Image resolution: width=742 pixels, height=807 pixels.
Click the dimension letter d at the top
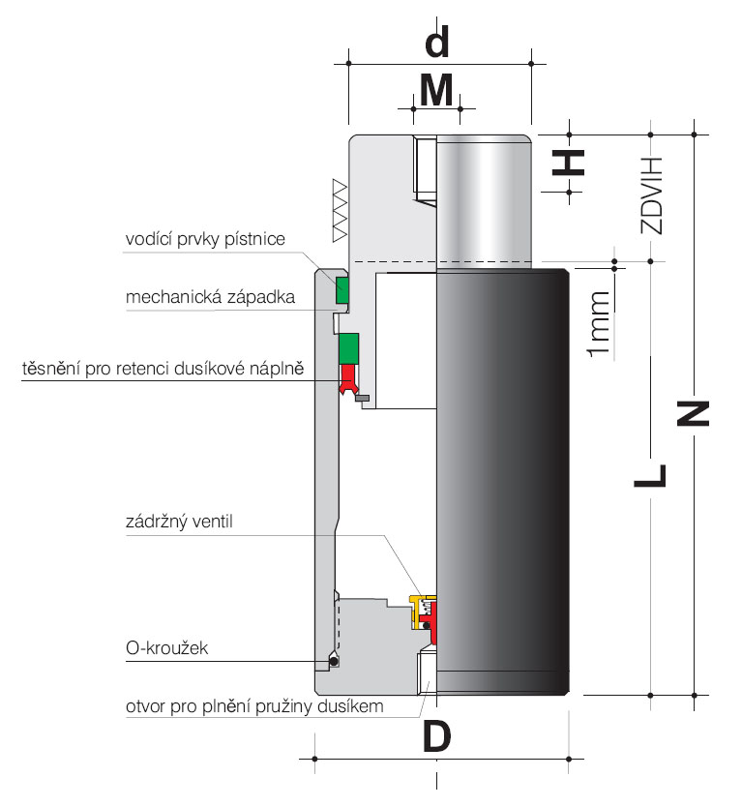(437, 42)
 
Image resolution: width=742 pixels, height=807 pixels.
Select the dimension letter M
(436, 90)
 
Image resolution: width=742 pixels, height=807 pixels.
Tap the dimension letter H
(569, 163)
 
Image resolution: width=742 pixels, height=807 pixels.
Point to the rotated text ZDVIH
(651, 196)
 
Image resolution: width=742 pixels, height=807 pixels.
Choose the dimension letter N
(693, 414)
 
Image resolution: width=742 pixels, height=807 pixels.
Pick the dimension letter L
(650, 475)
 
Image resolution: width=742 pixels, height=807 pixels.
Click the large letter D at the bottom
(437, 735)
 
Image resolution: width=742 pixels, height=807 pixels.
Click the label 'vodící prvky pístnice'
(205, 239)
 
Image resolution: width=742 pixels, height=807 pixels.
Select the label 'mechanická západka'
(211, 297)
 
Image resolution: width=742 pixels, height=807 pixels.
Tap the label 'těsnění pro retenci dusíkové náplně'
(163, 369)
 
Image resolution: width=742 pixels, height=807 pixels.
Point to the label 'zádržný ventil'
(179, 522)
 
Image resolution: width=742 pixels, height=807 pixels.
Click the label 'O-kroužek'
(166, 648)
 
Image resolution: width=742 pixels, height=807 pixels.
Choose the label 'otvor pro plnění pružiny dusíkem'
(254, 706)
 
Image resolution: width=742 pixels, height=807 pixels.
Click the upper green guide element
(342, 289)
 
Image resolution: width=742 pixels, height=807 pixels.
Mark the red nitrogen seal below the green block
(348, 379)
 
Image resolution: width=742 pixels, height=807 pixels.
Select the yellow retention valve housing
(417, 612)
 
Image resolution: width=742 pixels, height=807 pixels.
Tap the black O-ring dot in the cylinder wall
(333, 662)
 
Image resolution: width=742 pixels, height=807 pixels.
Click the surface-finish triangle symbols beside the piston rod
(341, 211)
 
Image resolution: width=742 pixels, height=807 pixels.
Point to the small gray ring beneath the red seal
(362, 398)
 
